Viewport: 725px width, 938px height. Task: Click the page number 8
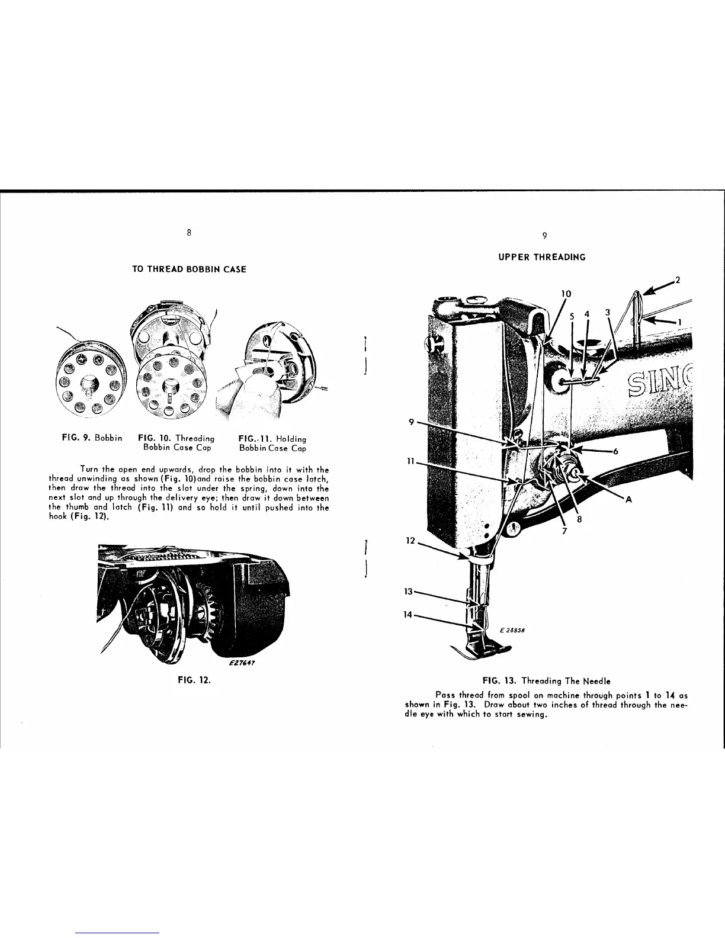click(x=188, y=232)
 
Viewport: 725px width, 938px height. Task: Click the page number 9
click(x=544, y=236)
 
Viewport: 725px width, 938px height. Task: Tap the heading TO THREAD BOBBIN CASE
click(x=188, y=269)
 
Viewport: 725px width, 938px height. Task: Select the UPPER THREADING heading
click(x=543, y=257)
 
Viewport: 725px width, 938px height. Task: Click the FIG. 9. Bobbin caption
click(x=92, y=439)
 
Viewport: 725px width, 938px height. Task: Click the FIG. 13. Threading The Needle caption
click(x=543, y=682)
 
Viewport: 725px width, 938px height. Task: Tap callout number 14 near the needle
click(x=408, y=615)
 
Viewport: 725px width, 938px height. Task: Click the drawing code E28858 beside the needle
click(x=510, y=630)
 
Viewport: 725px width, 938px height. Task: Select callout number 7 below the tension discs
click(x=564, y=531)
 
